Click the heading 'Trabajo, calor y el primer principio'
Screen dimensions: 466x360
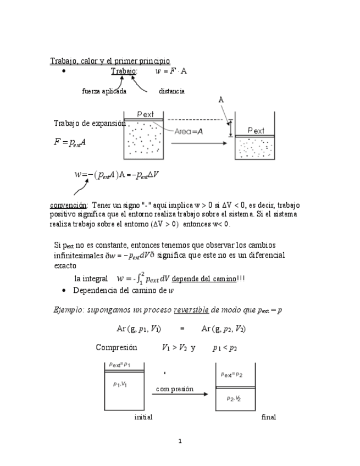point(110,60)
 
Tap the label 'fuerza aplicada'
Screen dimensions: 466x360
point(104,91)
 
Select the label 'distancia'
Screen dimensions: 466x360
point(171,91)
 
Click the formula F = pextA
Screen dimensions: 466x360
point(69,142)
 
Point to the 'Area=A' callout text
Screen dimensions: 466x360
point(189,132)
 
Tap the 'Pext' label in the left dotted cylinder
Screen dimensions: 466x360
point(146,114)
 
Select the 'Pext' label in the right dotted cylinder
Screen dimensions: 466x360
point(256,131)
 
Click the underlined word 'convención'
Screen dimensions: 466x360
point(68,205)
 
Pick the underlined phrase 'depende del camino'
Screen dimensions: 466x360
point(204,279)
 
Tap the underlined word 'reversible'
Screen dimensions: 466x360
point(191,309)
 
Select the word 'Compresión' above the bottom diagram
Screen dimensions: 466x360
point(116,347)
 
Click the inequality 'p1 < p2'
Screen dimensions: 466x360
point(225,347)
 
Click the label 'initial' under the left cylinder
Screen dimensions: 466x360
point(143,417)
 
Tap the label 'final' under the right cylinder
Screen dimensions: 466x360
point(269,417)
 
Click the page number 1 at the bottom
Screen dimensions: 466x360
point(180,441)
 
